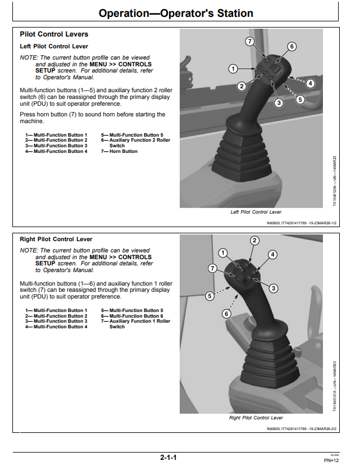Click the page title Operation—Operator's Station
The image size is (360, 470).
176,13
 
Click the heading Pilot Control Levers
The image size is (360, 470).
54,34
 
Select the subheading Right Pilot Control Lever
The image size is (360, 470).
56,239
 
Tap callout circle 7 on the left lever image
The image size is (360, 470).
250,42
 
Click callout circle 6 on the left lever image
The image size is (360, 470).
291,47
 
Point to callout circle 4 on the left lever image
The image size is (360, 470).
310,83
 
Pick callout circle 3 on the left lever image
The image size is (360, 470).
279,103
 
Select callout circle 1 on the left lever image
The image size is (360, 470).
233,69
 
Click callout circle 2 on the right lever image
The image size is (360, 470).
254,241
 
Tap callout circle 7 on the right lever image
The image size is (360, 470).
212,268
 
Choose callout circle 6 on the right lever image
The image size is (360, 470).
226,314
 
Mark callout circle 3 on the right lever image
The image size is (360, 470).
273,288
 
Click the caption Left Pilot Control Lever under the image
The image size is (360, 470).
256,212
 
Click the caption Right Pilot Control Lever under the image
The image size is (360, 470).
256,418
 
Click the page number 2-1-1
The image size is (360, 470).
168,458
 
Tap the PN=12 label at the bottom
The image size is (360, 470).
331,460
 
